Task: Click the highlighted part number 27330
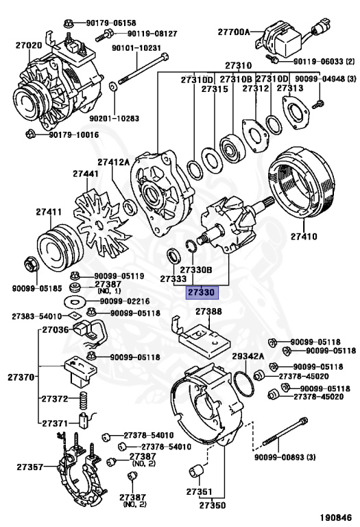[x=202, y=292]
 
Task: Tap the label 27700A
[x=234, y=32]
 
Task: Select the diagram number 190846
[x=335, y=517]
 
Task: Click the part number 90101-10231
[x=136, y=48]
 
